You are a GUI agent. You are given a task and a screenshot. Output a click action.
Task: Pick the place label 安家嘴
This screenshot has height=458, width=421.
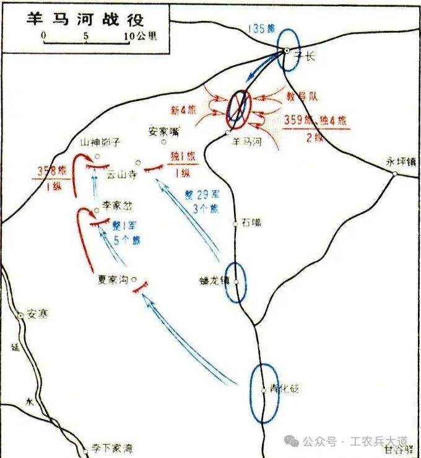[164, 131]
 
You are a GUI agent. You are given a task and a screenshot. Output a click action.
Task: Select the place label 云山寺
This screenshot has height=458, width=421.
[120, 174]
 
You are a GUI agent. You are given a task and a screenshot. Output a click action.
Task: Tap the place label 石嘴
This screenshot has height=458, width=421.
[251, 221]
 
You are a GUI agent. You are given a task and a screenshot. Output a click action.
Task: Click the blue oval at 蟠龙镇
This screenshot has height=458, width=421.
[236, 282]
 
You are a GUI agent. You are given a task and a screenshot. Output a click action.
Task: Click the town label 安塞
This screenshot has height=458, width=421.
[37, 315]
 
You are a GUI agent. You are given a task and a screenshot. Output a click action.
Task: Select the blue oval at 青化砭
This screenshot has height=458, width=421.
[264, 393]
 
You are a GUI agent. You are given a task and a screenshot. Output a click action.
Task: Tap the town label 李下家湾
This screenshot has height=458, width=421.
[111, 448]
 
